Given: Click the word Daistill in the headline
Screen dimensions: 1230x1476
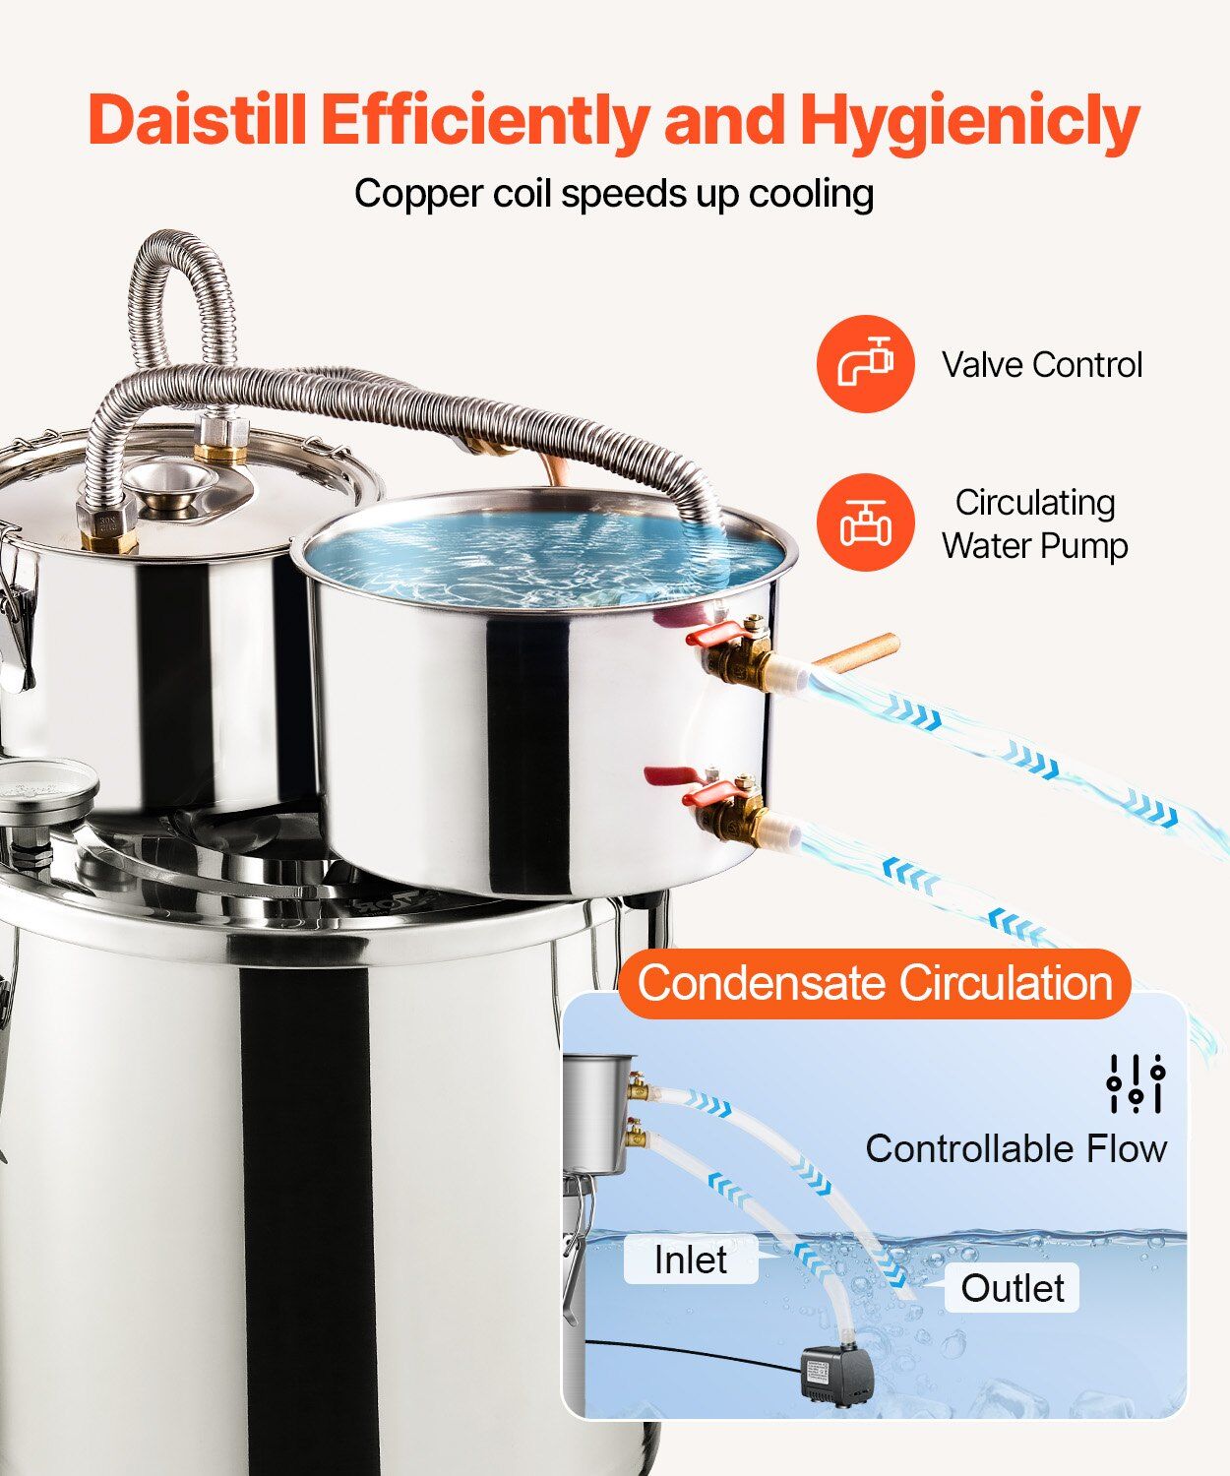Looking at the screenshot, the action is pyautogui.click(x=197, y=119).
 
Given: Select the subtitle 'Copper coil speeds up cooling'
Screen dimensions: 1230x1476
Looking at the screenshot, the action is pyautogui.click(x=614, y=193).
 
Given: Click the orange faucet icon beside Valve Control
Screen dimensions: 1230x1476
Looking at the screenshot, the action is pyautogui.click(x=865, y=363).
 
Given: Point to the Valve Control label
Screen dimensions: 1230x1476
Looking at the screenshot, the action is pyautogui.click(x=1042, y=365).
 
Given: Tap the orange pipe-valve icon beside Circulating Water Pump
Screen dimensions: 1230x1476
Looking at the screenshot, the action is pyautogui.click(x=865, y=522).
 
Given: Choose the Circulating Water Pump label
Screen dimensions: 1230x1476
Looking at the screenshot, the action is pyautogui.click(x=1035, y=523).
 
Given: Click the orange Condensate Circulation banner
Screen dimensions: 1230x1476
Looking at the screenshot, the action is pyautogui.click(x=875, y=983).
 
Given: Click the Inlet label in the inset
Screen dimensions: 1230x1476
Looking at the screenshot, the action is pyautogui.click(x=691, y=1259).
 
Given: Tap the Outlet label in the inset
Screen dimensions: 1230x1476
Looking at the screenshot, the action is pyautogui.click(x=1013, y=1288).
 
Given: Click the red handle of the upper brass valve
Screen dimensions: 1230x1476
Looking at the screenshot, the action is pyautogui.click(x=715, y=633).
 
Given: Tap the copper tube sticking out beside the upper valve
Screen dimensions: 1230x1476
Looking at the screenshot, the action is pyautogui.click(x=856, y=653).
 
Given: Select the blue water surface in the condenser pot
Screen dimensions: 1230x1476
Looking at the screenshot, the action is pyautogui.click(x=543, y=556).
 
